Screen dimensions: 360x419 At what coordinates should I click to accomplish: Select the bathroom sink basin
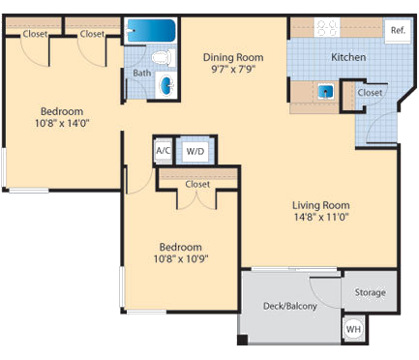[x=166, y=85]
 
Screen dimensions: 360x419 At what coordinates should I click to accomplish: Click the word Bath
[x=141, y=73]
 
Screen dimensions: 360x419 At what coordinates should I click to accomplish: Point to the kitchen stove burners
[x=327, y=28]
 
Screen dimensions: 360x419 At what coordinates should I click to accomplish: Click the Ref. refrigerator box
[x=396, y=30]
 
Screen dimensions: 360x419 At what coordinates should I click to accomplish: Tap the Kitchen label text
[x=348, y=57]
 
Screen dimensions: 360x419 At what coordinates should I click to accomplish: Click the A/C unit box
[x=164, y=150]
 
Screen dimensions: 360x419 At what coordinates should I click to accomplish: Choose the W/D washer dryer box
[x=194, y=151]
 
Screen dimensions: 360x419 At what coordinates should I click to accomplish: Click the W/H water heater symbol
[x=354, y=329]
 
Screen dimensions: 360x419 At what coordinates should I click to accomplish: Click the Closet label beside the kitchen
[x=369, y=93]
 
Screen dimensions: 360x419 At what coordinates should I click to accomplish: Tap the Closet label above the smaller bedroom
[x=197, y=183]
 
